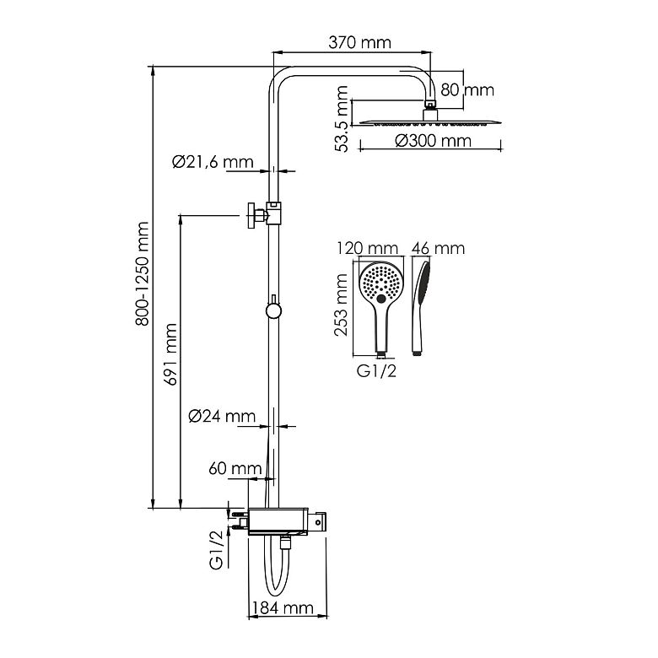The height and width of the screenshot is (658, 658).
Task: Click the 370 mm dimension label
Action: [x=359, y=42]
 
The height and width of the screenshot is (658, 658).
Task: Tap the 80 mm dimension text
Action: [x=467, y=89]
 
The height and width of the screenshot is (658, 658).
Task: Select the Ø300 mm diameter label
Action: [x=433, y=141]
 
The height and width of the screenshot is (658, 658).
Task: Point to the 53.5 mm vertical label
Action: [x=342, y=119]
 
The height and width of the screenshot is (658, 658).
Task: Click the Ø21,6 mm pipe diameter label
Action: [x=213, y=162]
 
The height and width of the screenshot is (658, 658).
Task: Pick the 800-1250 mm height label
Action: [x=143, y=274]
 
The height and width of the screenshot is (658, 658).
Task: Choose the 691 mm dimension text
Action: [x=170, y=354]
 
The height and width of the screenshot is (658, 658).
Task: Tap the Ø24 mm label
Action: [x=222, y=416]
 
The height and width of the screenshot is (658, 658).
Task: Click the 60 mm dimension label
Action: [x=235, y=468]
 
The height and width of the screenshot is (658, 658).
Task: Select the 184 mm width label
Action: [x=283, y=608]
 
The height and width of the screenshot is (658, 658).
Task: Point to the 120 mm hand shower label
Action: [x=368, y=248]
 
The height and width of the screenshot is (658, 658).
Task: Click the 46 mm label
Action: [x=438, y=248]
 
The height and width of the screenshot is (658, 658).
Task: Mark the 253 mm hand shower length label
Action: [x=341, y=305]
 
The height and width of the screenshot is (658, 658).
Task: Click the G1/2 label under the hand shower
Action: [x=376, y=371]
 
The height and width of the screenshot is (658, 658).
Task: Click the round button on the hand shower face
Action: [x=381, y=299]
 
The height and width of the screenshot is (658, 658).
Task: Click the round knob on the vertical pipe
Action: [x=273, y=310]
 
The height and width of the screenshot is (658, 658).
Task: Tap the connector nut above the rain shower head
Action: [x=430, y=104]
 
